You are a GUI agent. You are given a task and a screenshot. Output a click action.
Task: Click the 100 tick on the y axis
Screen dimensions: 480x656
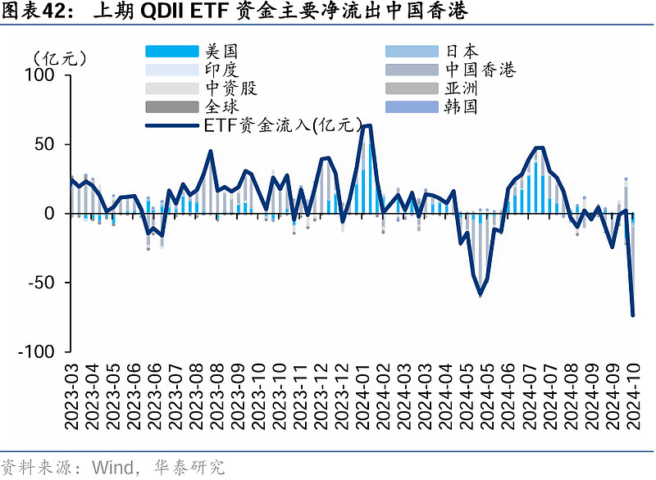point(40,75)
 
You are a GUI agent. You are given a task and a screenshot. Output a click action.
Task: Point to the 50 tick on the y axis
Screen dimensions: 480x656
point(44,144)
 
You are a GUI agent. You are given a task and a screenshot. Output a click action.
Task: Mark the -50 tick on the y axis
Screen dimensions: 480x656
point(41,283)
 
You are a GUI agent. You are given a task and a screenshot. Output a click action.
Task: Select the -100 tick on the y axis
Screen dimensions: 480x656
point(36,351)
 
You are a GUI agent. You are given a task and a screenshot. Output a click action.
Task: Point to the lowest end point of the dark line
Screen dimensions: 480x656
point(633,315)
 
